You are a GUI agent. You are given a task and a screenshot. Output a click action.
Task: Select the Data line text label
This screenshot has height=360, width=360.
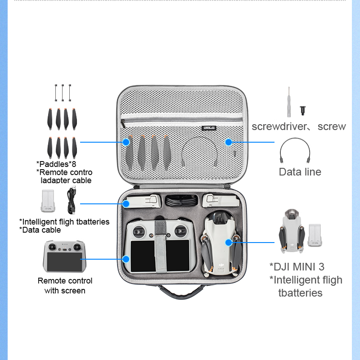(x=300, y=171)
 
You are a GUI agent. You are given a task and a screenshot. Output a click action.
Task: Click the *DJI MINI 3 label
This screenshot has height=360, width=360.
(x=297, y=267)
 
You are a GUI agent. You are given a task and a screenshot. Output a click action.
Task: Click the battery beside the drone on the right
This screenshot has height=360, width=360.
(x=315, y=236)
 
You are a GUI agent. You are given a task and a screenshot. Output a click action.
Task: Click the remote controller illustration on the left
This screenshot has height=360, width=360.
(x=63, y=256)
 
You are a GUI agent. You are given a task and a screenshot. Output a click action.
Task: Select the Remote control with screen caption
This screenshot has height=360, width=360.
(x=65, y=286)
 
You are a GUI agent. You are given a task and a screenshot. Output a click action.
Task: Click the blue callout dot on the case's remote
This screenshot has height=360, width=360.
(x=126, y=259)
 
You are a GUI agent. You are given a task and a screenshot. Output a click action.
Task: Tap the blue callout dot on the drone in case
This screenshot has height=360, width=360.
(x=229, y=243)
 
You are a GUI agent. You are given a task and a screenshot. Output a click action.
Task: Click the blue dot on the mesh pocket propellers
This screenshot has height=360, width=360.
(x=126, y=142)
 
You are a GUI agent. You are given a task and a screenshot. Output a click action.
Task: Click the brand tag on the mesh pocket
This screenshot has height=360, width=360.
(x=210, y=128)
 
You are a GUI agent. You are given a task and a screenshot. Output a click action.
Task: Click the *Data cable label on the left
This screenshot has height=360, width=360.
(x=40, y=230)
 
